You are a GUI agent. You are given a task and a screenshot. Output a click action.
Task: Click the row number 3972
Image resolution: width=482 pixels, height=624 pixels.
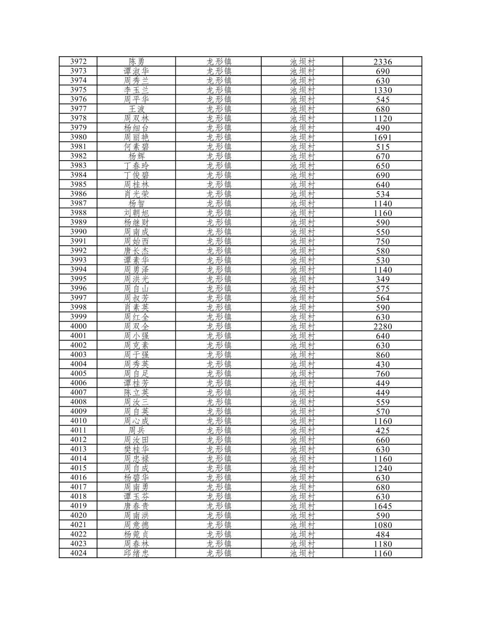[x=78, y=62]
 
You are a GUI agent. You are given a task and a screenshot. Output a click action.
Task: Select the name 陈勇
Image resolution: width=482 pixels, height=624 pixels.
[x=136, y=62]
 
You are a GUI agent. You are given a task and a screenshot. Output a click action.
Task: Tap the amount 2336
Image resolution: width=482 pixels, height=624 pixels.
[x=383, y=62]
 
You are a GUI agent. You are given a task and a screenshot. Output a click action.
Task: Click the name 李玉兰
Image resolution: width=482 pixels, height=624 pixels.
[x=136, y=90]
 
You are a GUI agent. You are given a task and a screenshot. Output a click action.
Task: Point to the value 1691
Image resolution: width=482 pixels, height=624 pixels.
[x=383, y=137]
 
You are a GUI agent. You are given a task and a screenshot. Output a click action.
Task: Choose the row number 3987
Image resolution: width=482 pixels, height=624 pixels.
[x=78, y=203]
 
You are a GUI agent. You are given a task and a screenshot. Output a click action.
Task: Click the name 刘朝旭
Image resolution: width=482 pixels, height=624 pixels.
[x=136, y=213]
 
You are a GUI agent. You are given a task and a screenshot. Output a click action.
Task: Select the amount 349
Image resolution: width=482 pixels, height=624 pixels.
[x=383, y=279]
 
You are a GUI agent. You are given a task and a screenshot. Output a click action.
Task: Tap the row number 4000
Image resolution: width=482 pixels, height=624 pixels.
[x=78, y=326]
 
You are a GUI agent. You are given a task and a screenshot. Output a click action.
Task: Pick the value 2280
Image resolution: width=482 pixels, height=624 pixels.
[x=383, y=326]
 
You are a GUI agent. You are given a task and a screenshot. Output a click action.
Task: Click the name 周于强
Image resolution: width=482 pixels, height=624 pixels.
[x=136, y=355]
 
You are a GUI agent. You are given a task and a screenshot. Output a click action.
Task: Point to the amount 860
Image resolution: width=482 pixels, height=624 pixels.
[x=383, y=355]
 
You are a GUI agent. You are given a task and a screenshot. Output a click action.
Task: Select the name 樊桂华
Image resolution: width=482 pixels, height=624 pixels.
[x=136, y=449]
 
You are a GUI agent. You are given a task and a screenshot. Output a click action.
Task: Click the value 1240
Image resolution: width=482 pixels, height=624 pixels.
[x=383, y=468]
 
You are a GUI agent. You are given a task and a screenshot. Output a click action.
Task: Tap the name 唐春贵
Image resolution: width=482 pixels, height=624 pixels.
[x=136, y=506]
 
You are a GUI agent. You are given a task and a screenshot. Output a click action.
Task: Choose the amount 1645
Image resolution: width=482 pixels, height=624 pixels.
[x=383, y=506]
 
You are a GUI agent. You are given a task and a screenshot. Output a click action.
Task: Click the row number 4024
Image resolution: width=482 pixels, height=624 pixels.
[x=78, y=553]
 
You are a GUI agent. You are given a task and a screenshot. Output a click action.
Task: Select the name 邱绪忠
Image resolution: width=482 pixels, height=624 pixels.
[x=136, y=553]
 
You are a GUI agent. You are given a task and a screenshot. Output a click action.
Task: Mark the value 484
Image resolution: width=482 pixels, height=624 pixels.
[x=383, y=534]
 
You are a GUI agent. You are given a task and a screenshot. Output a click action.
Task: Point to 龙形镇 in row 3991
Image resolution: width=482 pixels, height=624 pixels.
[x=219, y=241]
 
